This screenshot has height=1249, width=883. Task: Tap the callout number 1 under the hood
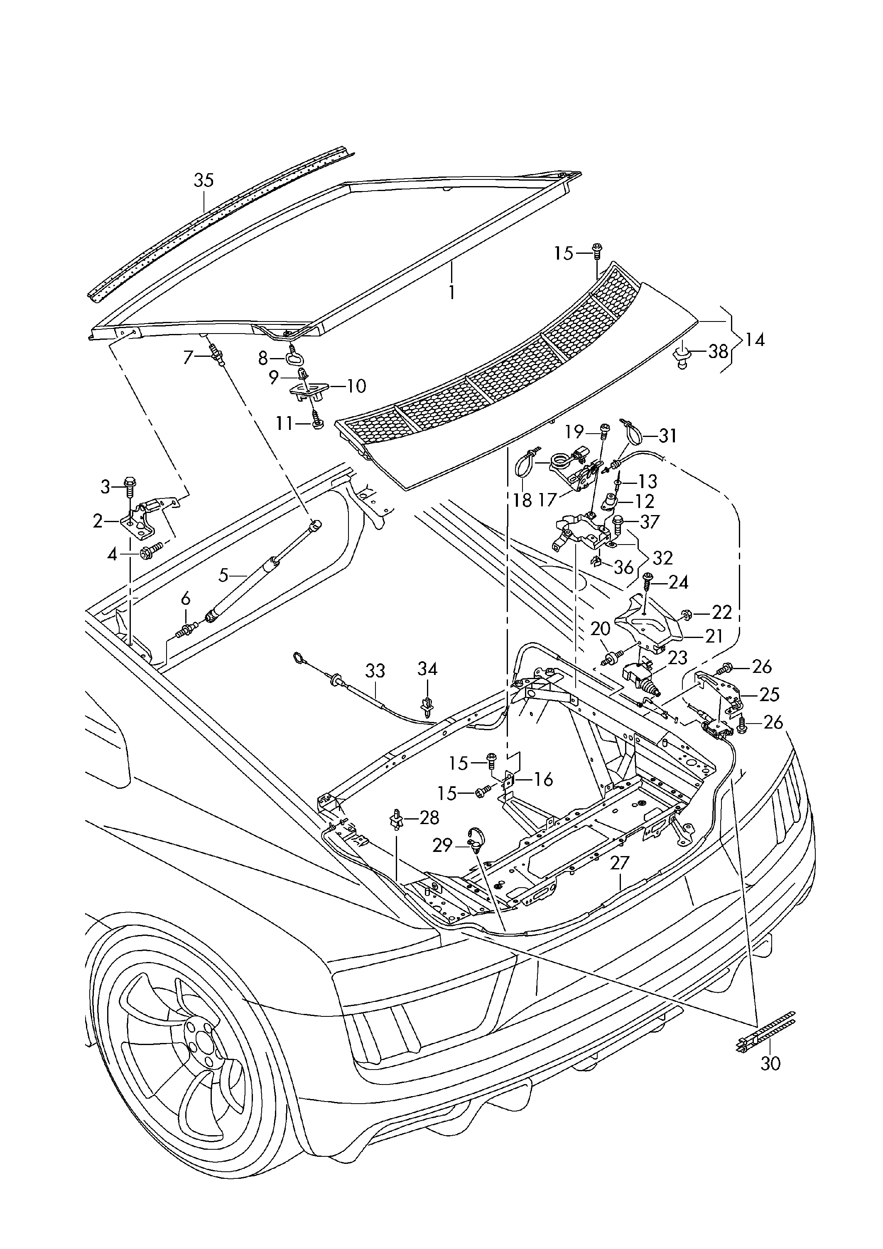(451, 292)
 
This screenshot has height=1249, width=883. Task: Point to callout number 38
(718, 351)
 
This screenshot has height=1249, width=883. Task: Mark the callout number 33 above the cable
(375, 671)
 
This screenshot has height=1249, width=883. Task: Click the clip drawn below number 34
(428, 706)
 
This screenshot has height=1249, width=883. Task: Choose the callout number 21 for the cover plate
(713, 636)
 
